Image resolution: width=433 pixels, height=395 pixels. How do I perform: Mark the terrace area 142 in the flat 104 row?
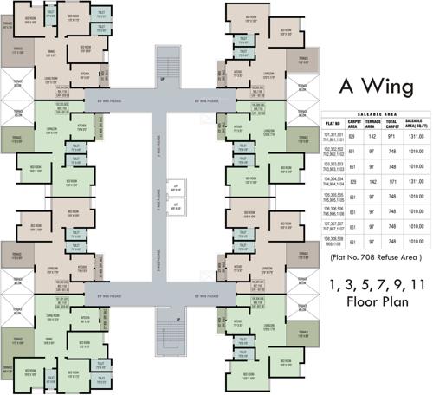(x=372, y=182)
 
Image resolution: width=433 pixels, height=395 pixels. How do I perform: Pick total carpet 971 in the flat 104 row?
(x=392, y=182)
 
